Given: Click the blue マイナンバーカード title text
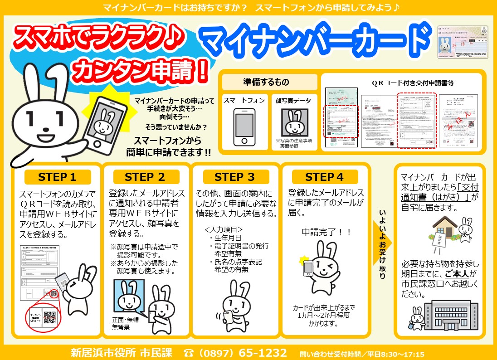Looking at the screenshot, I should coord(315,40).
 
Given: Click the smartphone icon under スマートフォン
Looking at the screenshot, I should coord(244,126).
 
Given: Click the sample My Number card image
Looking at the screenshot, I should coord(464,42).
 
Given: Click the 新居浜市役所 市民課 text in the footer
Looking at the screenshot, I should coord(122,353).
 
